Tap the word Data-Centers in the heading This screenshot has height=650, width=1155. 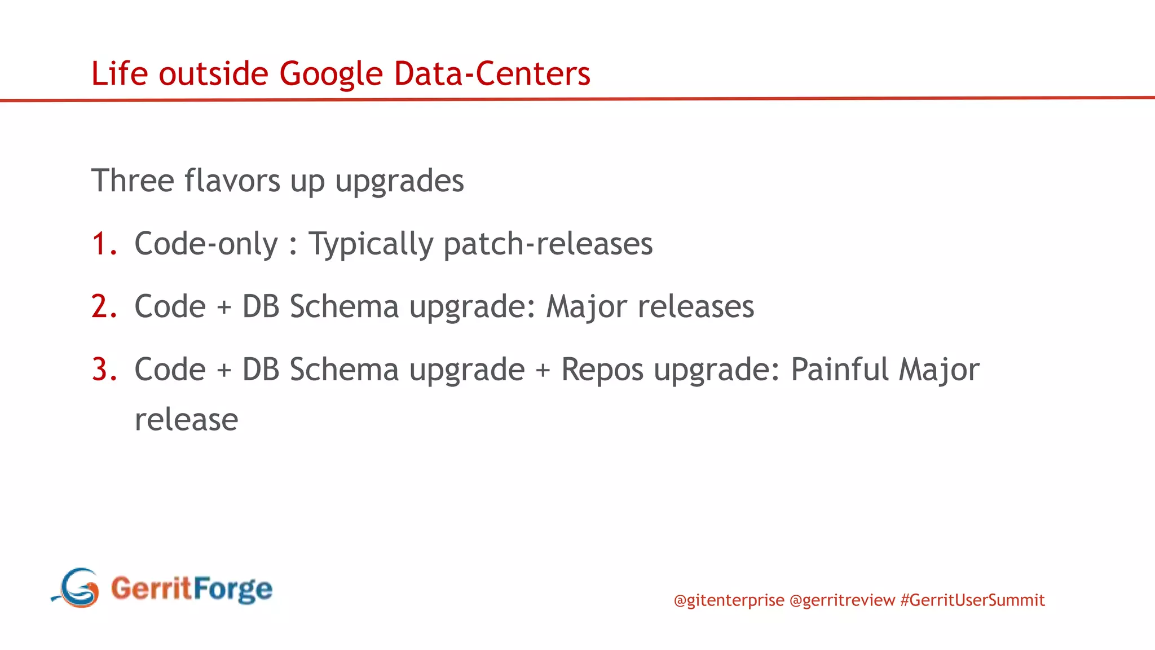point(492,73)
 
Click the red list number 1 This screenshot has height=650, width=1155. point(104,244)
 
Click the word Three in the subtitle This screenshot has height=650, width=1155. point(133,181)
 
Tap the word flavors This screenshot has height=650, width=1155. point(232,181)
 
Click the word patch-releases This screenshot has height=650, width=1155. point(548,244)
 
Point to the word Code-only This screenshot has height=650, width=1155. point(206,244)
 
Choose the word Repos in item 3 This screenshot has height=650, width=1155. point(602,371)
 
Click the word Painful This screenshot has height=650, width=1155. point(839,370)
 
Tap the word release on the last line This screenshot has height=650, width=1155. point(186,420)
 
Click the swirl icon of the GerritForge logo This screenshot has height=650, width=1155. point(78,588)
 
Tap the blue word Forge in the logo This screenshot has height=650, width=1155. point(233,590)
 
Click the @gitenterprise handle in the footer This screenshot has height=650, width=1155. point(729,600)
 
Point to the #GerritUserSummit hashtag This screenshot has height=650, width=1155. point(972,600)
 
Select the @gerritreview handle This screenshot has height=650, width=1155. point(842,600)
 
